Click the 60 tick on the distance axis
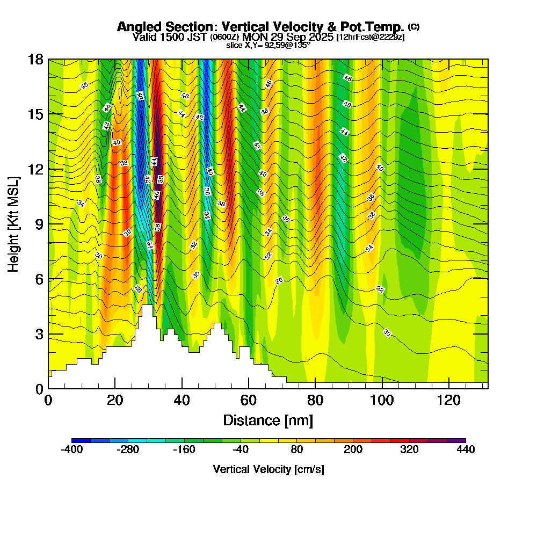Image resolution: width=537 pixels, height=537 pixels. point(249,400)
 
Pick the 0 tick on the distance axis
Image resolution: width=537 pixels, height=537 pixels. point(48,400)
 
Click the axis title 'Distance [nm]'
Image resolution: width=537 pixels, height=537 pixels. point(268,420)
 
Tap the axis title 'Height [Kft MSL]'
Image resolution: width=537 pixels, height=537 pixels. point(14,223)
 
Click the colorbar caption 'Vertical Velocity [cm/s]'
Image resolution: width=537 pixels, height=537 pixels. point(268,469)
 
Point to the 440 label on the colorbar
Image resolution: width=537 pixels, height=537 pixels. point(466,450)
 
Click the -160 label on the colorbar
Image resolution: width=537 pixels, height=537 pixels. point(184,450)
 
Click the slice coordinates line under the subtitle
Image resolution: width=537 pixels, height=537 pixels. point(268,45)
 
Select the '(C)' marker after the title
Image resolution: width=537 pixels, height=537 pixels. point(414,26)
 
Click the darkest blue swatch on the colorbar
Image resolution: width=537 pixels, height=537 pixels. point(81,440)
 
